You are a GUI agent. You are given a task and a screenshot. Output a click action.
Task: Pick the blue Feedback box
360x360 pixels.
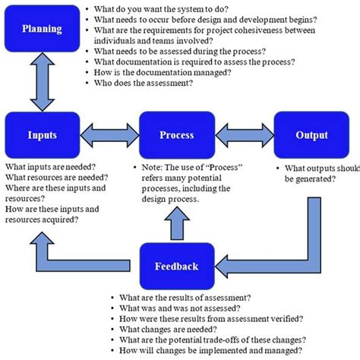[177, 266]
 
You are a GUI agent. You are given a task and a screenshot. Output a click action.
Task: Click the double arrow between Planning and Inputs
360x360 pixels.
[33, 83]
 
